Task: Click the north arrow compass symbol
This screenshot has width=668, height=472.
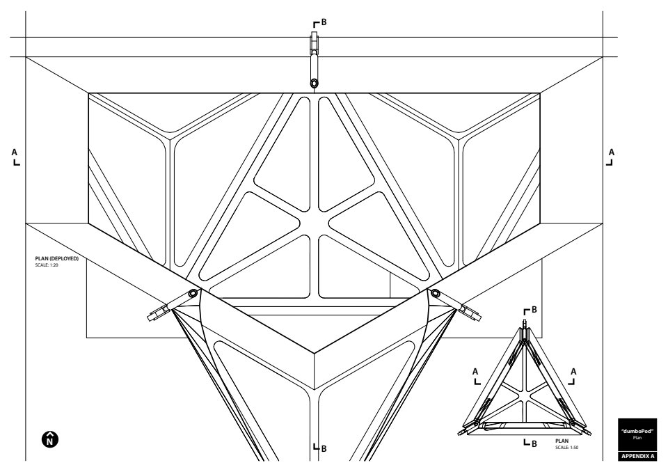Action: [x=50, y=439]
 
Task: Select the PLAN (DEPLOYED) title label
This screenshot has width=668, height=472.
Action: [x=56, y=258]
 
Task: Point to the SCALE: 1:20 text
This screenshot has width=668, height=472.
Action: [x=47, y=265]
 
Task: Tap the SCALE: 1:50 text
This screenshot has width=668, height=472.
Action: [x=566, y=448]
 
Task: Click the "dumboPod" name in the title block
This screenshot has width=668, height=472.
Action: [x=637, y=432]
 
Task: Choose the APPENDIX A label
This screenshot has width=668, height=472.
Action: [x=637, y=456]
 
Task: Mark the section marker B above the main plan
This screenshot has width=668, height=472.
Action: [x=320, y=23]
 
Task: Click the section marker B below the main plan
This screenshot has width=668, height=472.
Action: [x=320, y=448]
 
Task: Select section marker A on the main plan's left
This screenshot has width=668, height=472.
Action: [x=15, y=157]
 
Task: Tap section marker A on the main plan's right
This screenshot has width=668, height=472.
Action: [x=610, y=157]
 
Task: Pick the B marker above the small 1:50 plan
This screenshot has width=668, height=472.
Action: [x=530, y=310]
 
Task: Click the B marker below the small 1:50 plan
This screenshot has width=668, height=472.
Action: [x=530, y=443]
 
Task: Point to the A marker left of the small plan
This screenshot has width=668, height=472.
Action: [x=476, y=377]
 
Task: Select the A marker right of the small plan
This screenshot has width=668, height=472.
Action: [x=573, y=377]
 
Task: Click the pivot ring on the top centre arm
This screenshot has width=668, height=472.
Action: [x=315, y=83]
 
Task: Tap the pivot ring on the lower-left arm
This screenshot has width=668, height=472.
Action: [x=193, y=293]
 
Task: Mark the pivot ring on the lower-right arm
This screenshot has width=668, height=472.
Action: [x=436, y=293]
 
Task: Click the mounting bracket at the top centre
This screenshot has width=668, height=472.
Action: [x=315, y=42]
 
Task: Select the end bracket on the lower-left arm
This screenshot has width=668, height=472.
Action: [x=157, y=314]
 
